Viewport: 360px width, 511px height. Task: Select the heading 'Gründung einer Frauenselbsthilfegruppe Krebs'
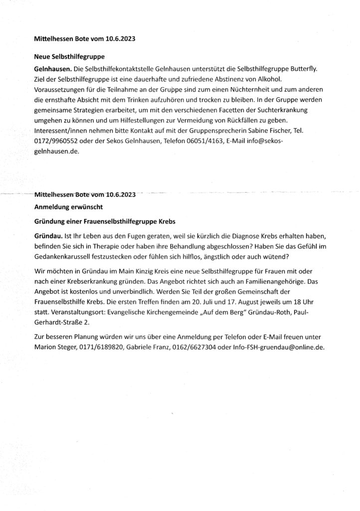pyautogui.click(x=105, y=221)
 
